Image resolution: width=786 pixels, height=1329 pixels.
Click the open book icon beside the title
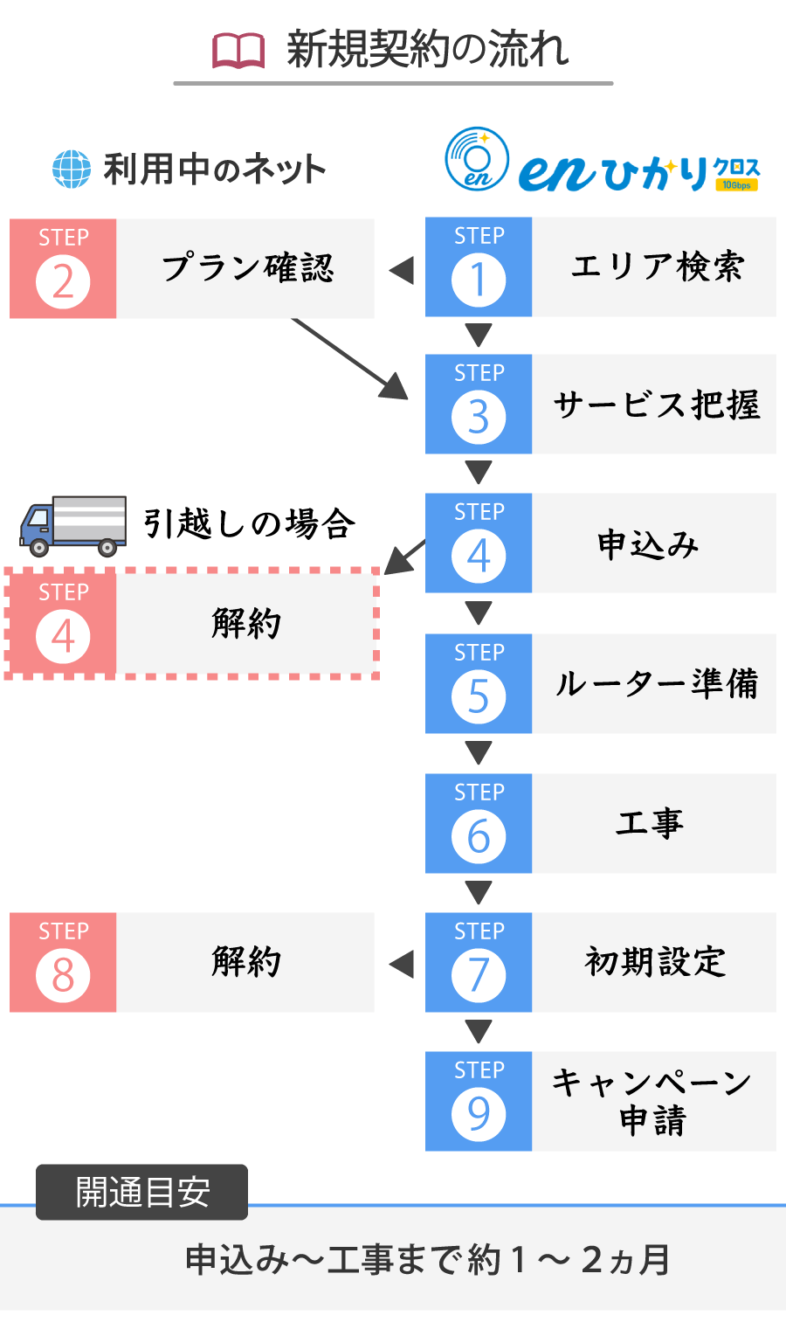[238, 51]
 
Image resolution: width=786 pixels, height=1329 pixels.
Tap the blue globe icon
[72, 170]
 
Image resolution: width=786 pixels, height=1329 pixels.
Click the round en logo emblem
[477, 159]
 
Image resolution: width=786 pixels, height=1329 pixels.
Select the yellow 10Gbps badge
[736, 185]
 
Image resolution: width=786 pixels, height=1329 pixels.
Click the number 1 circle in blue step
[478, 280]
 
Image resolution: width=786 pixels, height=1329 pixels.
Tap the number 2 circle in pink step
[63, 282]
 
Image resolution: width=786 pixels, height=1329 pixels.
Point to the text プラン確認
[248, 267]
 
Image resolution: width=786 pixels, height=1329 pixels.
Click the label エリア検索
[657, 266]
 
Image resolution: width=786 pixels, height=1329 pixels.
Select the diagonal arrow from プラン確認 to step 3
[350, 359]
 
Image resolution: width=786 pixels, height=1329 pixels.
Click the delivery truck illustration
[72, 526]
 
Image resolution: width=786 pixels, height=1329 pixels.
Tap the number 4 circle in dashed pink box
[63, 637]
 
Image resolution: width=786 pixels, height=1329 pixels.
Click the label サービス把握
[656, 405]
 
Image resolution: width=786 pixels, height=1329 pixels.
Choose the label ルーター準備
[656, 683]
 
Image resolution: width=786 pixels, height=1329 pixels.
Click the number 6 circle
[478, 836]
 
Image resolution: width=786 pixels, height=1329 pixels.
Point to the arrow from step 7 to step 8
[402, 964]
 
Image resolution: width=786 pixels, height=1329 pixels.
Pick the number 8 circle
[63, 975]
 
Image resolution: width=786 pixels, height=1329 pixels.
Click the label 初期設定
[655, 962]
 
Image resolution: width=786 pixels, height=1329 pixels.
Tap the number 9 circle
[478, 1114]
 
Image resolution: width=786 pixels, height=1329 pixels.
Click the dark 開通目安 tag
[141, 1192]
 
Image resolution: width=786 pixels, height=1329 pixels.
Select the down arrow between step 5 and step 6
[478, 753]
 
